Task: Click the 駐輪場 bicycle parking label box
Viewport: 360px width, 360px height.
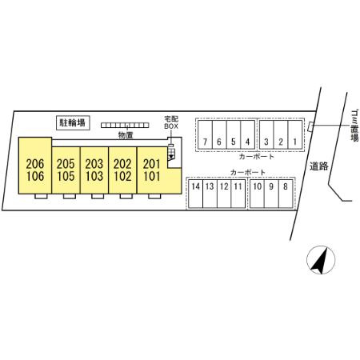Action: tap(73, 123)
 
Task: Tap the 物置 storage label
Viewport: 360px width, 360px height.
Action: tap(126, 135)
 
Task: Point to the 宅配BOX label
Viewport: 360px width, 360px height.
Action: tap(171, 122)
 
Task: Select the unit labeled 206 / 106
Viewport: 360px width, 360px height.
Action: tap(35, 166)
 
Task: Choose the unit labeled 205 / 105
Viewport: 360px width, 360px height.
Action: tap(66, 170)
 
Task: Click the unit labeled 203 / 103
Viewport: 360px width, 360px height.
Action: tap(94, 170)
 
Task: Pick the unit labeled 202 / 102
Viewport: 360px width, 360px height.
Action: tap(122, 170)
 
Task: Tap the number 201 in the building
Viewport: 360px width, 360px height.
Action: tap(151, 164)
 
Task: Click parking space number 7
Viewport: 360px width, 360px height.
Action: tap(205, 135)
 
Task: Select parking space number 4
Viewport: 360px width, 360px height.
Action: tap(247, 135)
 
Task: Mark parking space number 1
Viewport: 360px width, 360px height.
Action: tap(295, 135)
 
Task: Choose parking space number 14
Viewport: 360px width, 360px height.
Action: tap(196, 194)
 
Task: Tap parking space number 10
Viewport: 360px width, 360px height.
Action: tap(257, 194)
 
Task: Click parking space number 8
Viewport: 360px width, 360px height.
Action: tap(286, 194)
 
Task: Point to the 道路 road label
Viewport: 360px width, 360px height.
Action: tap(319, 166)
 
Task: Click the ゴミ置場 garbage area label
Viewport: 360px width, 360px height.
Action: tap(354, 125)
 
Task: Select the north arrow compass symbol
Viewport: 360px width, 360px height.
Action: tap(321, 260)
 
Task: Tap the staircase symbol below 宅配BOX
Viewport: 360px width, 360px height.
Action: tap(171, 154)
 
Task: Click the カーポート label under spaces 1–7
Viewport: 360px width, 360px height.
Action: tap(256, 157)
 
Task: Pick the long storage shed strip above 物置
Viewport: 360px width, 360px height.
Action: tap(125, 125)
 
